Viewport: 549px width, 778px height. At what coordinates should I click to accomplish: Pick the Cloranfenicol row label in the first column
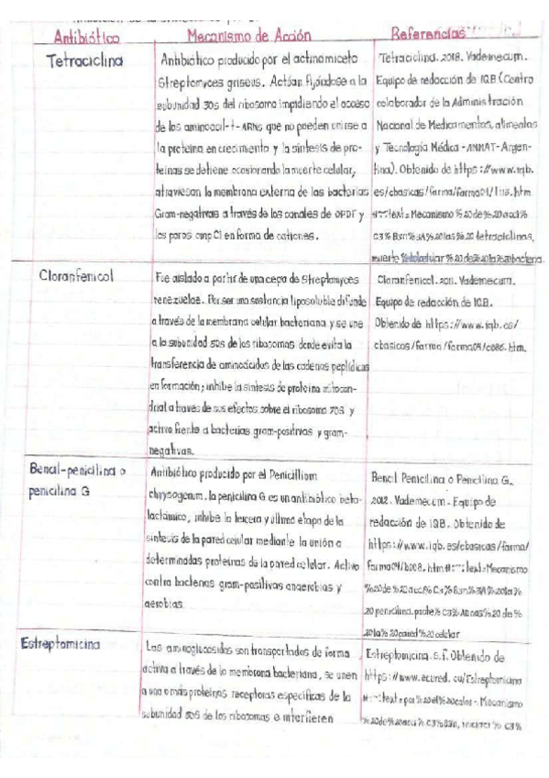click(82, 275)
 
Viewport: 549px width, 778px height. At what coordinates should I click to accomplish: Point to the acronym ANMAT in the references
click(474, 147)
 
